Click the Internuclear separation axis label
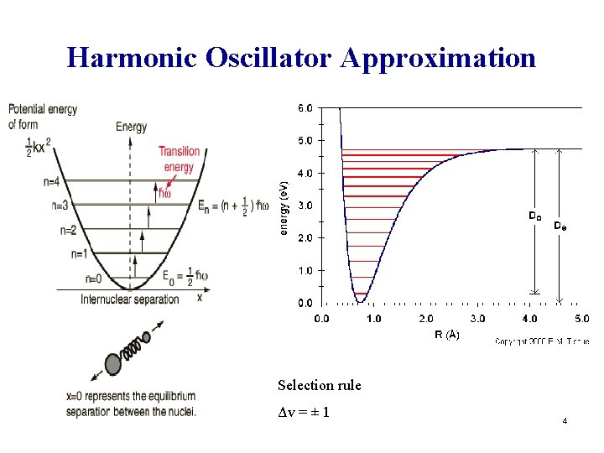130,299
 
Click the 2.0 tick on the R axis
426,319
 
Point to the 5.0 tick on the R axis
581,319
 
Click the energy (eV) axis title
284,206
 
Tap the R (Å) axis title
447,335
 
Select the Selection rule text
319,386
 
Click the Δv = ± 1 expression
303,413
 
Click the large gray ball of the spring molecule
113,363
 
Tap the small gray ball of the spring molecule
146,337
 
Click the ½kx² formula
37,145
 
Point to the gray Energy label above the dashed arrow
131,127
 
